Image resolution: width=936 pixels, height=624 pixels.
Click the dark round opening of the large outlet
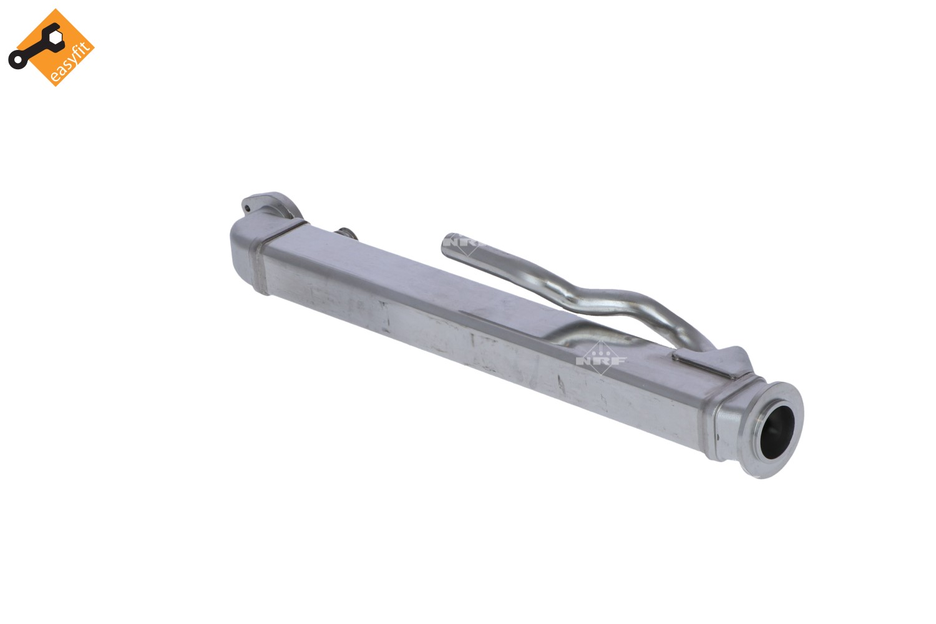point(777,432)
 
